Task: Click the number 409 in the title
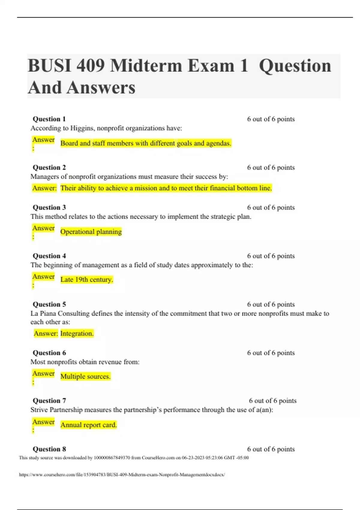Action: pyautogui.click(x=91, y=66)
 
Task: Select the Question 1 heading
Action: pyautogui.click(x=49, y=119)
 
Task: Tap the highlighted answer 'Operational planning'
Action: pyautogui.click(x=91, y=232)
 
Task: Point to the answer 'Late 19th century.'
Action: pyautogui.click(x=87, y=280)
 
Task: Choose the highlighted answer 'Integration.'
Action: pyautogui.click(x=77, y=334)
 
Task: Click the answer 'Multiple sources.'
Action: pyautogui.click(x=85, y=376)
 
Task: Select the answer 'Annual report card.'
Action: pyautogui.click(x=88, y=425)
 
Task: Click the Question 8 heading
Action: pyautogui.click(x=49, y=449)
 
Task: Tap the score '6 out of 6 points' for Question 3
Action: pyautogui.click(x=271, y=208)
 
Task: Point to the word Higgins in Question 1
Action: pyautogui.click(x=81, y=128)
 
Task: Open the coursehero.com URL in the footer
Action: pyautogui.click(x=122, y=475)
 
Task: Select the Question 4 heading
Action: pyautogui.click(x=49, y=256)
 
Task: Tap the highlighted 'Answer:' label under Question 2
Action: pyautogui.click(x=44, y=188)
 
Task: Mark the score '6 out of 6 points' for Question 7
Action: pyautogui.click(x=273, y=401)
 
